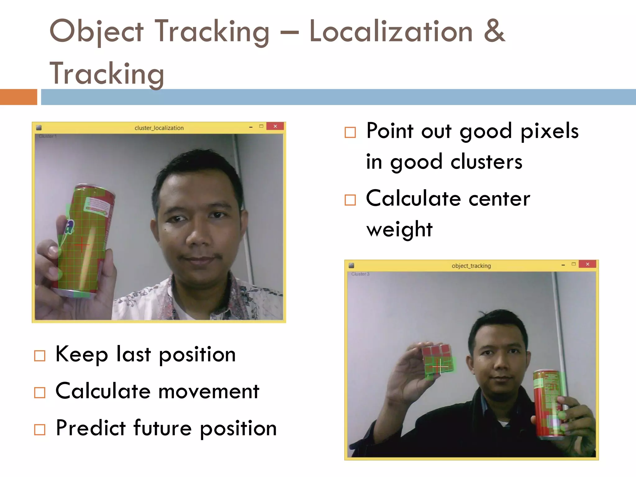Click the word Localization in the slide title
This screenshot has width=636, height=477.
pyautogui.click(x=391, y=32)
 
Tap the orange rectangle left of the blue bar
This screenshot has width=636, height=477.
pyautogui.click(x=18, y=97)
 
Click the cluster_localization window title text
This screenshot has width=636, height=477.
pyautogui.click(x=159, y=128)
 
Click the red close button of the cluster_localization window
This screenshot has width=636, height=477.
pyautogui.click(x=275, y=126)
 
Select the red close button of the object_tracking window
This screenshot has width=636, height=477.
pyautogui.click(x=587, y=264)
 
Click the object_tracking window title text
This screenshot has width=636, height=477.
pyautogui.click(x=471, y=266)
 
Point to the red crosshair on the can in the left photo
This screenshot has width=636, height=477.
pyautogui.click(x=82, y=245)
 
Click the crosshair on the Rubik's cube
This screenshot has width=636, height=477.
pyautogui.click(x=439, y=366)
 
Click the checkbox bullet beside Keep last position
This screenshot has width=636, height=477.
pyautogui.click(x=40, y=356)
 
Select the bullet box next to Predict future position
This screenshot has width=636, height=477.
pyautogui.click(x=40, y=430)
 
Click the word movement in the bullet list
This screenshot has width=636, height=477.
pyautogui.click(x=208, y=391)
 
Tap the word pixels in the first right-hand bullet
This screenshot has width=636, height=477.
pyautogui.click(x=549, y=131)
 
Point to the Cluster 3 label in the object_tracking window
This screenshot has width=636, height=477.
pyautogui.click(x=360, y=274)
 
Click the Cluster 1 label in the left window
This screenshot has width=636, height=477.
pyautogui.click(x=48, y=136)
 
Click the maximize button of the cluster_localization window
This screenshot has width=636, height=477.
pyautogui.click(x=261, y=126)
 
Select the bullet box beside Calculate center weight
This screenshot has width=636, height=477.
pyautogui.click(x=350, y=200)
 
